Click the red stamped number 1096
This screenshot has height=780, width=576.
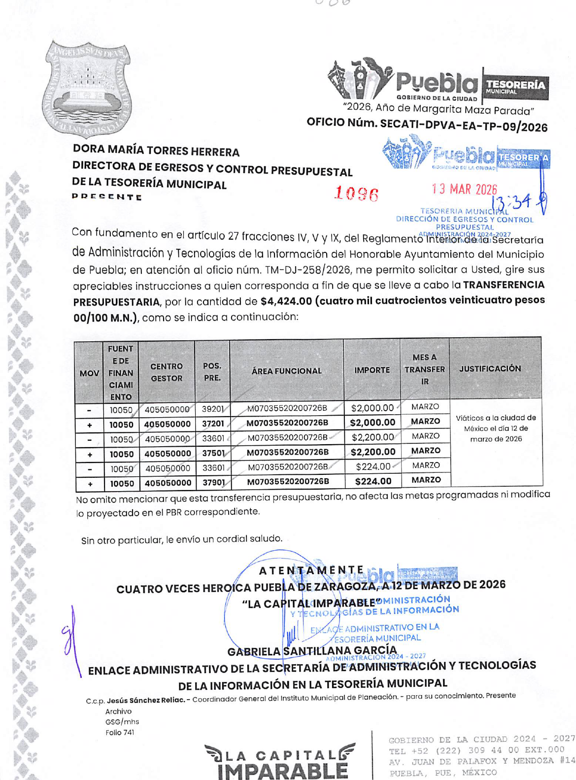[356, 194]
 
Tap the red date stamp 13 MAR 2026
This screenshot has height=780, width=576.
[464, 189]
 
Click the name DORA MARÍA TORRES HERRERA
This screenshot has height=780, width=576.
[156, 151]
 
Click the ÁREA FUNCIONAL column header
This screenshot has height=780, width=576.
[286, 371]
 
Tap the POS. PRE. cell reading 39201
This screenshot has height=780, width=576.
[213, 409]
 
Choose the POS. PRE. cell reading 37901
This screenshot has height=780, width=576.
[213, 483]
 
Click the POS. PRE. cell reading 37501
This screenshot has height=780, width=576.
[213, 453]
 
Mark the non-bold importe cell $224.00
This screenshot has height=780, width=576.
[373, 466]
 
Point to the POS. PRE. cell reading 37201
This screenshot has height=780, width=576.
[213, 424]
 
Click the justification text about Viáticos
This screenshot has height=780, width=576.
[496, 428]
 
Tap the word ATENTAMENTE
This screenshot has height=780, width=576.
[311, 571]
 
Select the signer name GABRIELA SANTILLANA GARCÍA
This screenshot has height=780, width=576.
[312, 651]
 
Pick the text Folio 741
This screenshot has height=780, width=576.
[120, 733]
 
